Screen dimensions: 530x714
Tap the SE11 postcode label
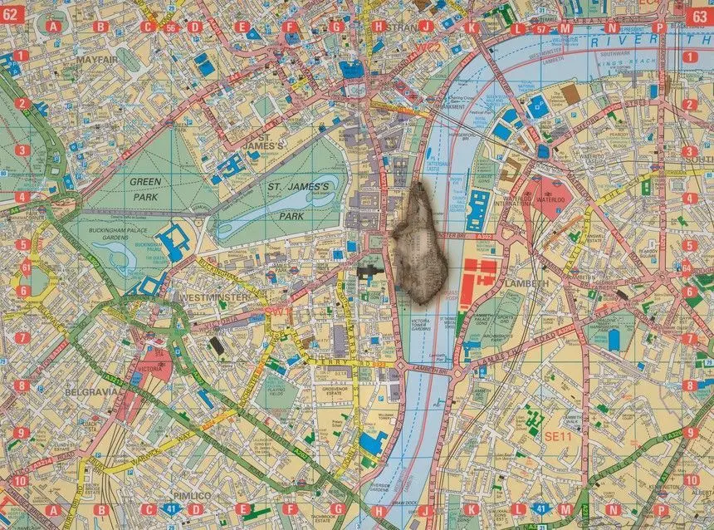(555, 435)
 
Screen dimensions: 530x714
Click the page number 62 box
(14, 13)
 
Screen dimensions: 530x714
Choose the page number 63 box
(700, 13)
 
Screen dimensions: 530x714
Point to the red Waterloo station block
(550, 198)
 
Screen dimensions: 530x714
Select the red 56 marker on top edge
(171, 27)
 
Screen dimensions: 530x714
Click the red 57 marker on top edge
(540, 29)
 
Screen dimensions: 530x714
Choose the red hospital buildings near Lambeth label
(478, 278)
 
